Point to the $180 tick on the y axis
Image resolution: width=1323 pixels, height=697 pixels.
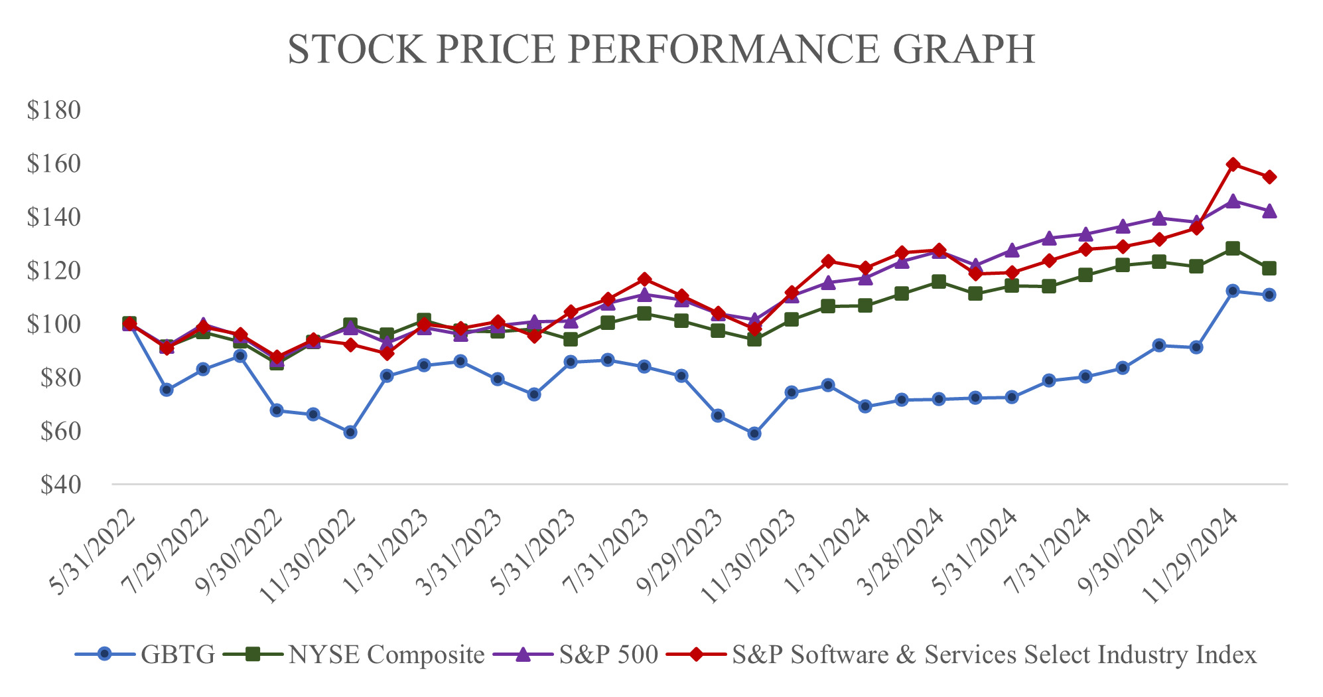pos(54,110)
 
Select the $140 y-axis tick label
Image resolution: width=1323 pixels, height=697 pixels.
pos(54,217)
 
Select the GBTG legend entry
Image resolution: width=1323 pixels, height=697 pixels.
pos(178,655)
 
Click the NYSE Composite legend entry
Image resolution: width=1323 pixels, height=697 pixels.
pos(387,655)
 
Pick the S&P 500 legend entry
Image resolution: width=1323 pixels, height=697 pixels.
pos(608,655)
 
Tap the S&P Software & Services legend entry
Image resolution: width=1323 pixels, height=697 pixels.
pos(994,655)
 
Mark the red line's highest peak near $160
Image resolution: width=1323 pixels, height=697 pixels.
pos(1233,164)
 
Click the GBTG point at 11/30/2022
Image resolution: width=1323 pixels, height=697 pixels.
pos(350,432)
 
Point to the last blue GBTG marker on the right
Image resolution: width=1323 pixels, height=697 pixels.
pos(1269,295)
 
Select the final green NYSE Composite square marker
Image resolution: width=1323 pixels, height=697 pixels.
pos(1269,268)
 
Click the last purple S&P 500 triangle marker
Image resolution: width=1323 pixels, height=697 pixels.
pos(1269,211)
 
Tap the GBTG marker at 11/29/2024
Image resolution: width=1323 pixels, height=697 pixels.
pos(1233,291)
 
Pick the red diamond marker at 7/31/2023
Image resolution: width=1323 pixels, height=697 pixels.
pos(644,279)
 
